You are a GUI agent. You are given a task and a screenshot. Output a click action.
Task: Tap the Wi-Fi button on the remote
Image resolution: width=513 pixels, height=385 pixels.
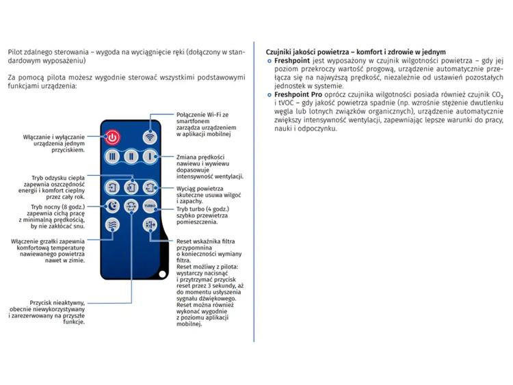pyautogui.click(x=150, y=137)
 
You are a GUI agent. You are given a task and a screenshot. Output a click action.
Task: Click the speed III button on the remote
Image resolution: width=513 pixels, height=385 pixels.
pyautogui.click(x=113, y=157)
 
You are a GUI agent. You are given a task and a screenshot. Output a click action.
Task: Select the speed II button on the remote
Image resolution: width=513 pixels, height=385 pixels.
pyautogui.click(x=131, y=157)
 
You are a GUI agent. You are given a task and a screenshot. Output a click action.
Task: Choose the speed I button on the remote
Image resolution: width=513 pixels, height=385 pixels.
pyautogui.click(x=150, y=157)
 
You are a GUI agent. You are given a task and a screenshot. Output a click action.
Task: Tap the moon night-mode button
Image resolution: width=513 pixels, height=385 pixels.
pyautogui.click(x=113, y=206)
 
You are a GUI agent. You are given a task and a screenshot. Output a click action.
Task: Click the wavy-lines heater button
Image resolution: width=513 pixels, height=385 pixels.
pyautogui.click(x=113, y=224)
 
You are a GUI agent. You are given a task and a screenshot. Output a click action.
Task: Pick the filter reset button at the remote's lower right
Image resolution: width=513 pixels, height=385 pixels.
pyautogui.click(x=150, y=224)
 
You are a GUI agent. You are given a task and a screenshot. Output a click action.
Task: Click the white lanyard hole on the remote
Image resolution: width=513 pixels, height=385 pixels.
pyautogui.click(x=162, y=274)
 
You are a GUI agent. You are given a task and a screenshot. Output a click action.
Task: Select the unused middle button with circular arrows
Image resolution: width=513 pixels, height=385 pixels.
pyautogui.click(x=131, y=206)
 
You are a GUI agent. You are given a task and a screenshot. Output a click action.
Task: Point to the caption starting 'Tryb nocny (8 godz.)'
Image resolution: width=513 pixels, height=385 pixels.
pyautogui.click(x=57, y=207)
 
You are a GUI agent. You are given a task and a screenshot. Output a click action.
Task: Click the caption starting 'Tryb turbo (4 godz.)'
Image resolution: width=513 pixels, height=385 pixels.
pyautogui.click(x=202, y=209)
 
